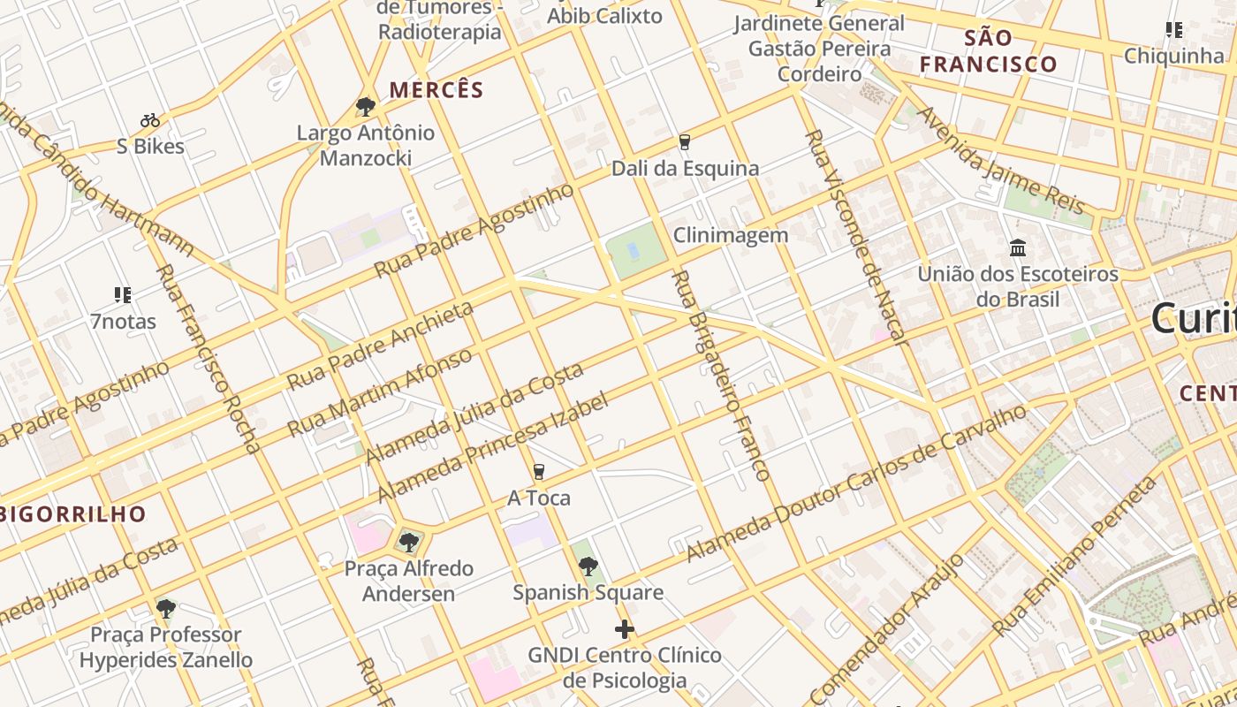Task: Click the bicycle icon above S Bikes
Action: point(150,120)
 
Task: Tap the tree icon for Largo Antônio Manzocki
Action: point(365,107)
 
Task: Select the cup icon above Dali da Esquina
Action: point(684,142)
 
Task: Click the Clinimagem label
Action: point(730,235)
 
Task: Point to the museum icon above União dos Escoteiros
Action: point(1018,248)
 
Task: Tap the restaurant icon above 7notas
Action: point(123,294)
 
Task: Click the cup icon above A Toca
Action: point(539,472)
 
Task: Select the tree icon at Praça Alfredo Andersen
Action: point(408,542)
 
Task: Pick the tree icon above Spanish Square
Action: point(588,566)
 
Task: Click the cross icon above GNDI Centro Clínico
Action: point(625,629)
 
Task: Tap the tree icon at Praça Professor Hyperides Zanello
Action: point(165,608)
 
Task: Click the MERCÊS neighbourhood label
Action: point(436,90)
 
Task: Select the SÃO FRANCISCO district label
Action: point(988,50)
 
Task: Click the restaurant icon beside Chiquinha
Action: point(1174,31)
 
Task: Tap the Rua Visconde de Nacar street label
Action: point(854,236)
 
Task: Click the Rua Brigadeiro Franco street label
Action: point(720,376)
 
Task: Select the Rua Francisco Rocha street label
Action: point(209,358)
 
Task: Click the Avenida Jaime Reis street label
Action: point(999,162)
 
